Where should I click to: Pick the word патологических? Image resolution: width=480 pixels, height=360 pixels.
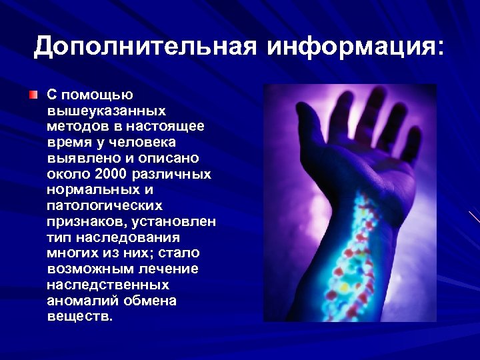105,206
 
